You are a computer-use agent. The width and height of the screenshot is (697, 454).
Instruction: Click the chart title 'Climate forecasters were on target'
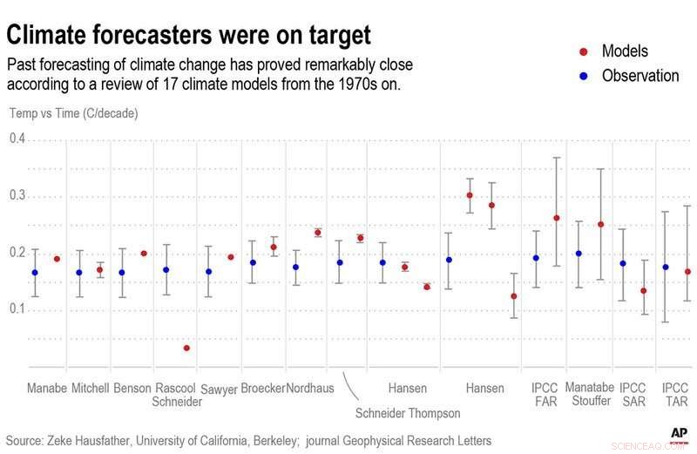(189, 35)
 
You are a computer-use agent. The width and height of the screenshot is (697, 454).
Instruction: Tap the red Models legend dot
(583, 51)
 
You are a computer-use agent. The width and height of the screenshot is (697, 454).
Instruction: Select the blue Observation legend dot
(583, 76)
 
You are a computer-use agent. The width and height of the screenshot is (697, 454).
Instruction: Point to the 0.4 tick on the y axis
(17, 139)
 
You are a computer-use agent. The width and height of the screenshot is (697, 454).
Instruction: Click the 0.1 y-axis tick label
(17, 310)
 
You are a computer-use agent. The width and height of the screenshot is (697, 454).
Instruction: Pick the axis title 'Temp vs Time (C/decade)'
(73, 113)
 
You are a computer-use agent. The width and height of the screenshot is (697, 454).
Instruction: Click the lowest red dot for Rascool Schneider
(186, 348)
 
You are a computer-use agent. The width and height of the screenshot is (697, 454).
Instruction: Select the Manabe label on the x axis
(47, 387)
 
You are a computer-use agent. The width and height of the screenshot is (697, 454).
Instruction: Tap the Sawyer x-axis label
(219, 389)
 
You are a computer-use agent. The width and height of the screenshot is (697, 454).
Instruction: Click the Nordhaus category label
(310, 387)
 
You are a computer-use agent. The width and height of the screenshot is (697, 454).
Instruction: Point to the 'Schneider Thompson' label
(408, 412)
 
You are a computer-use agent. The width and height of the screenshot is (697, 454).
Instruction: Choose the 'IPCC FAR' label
(545, 394)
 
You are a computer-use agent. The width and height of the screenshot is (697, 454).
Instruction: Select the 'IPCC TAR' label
(676, 394)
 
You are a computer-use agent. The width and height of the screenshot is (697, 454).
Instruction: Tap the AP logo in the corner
(679, 433)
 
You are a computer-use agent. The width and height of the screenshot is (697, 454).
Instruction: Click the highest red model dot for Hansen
(470, 195)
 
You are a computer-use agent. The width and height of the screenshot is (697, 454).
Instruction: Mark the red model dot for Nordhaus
(317, 233)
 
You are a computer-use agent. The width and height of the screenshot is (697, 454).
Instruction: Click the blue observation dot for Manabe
(35, 273)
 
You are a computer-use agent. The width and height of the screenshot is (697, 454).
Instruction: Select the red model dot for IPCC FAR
(557, 218)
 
